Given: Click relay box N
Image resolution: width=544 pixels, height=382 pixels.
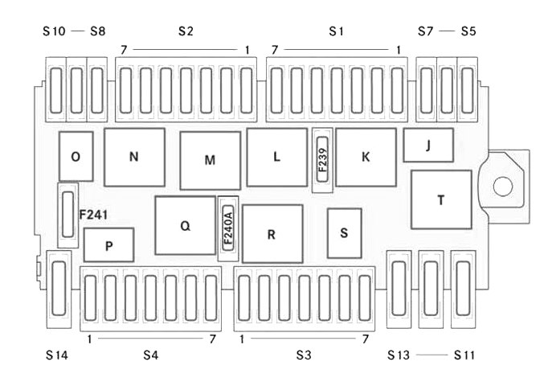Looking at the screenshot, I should point(134,158).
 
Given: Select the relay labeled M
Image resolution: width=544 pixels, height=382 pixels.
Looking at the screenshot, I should point(210,160).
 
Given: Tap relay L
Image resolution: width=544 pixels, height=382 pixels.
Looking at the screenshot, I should point(276,158).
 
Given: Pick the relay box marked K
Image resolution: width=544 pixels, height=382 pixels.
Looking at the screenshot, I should point(366,158).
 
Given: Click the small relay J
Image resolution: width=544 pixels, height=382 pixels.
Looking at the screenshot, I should point(428,146).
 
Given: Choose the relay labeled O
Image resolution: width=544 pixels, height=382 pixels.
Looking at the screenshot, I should point(76,157).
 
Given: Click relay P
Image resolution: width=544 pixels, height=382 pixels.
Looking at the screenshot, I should point(108,245).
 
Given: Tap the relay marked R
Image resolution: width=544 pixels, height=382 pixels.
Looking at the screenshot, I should point(272,234).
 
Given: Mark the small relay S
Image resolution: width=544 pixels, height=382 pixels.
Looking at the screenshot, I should point(344,233).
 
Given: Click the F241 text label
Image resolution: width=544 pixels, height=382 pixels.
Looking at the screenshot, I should point(93,216).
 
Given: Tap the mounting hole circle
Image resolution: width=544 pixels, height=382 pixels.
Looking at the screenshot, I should point(502,187).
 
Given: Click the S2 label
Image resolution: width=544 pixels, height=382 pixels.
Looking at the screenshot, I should point(186,31).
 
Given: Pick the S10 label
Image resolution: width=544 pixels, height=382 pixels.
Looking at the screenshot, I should point(54,31).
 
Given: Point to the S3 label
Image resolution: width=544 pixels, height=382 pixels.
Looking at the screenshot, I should point(303,354).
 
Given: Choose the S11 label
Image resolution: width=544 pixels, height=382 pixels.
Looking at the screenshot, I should point(466,354).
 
